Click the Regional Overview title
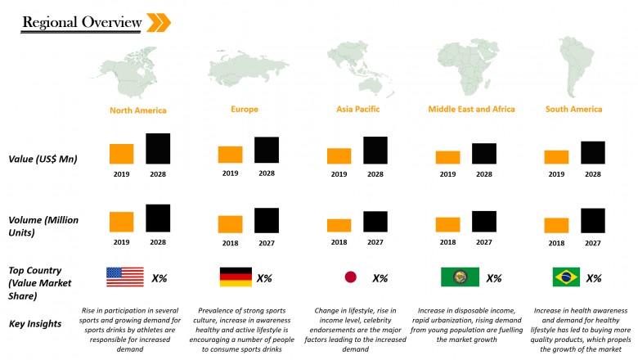tap(81, 22)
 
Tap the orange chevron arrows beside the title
tap(158, 22)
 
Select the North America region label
tap(138, 110)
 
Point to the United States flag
tap(124, 277)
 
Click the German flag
tap(236, 277)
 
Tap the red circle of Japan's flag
tap(350, 277)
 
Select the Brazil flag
tap(566, 277)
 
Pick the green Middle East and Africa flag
tap(460, 277)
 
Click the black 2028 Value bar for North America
tap(158, 149)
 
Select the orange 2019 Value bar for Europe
tap(230, 155)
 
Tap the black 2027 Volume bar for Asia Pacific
tap(375, 222)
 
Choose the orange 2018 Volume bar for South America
tap(556, 225)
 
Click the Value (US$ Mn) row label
tap(43, 159)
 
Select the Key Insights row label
tap(35, 324)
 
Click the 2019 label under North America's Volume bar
tap(122, 242)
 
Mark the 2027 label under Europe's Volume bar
tap(267, 242)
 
